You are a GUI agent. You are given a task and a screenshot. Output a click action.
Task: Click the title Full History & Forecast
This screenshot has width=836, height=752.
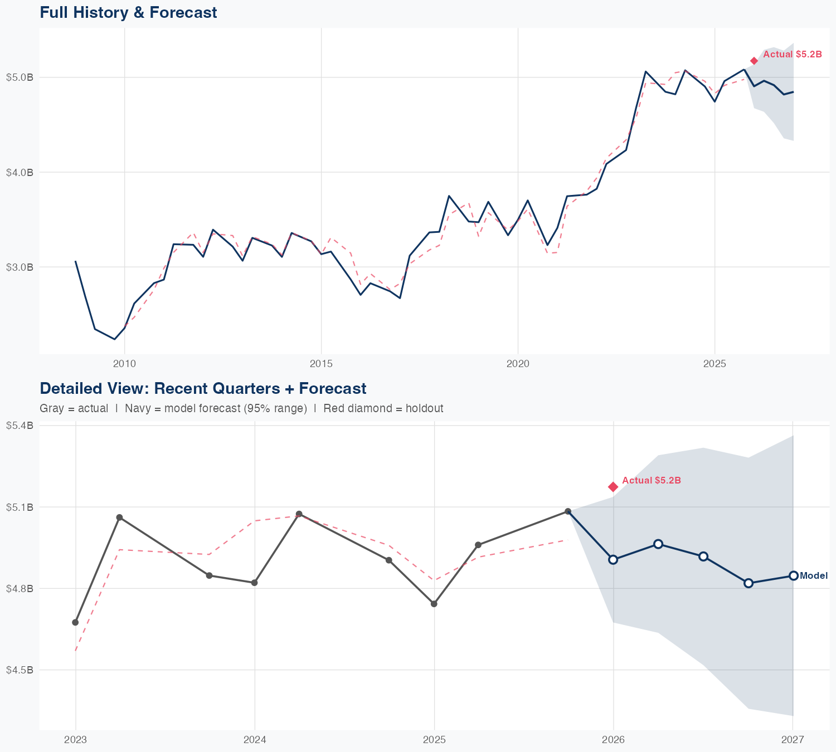[128, 12]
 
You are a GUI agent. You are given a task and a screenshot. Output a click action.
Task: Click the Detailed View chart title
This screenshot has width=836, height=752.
[203, 388]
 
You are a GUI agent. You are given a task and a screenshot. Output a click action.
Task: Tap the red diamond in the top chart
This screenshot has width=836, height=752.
[754, 61]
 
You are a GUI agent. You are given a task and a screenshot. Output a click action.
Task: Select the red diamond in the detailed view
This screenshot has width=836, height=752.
[613, 487]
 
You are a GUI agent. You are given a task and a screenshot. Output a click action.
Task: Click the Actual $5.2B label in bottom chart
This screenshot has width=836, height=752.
[651, 480]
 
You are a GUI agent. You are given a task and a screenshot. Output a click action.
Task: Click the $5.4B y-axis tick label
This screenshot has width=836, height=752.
[20, 426]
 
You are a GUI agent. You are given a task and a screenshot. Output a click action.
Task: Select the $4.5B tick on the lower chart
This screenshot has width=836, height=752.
[20, 670]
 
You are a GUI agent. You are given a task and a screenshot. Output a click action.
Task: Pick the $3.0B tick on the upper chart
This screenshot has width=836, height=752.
[20, 267]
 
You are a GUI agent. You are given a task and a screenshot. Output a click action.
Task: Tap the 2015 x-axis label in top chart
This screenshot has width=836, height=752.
[321, 364]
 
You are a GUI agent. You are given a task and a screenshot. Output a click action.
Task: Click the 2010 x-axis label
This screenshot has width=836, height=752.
[124, 364]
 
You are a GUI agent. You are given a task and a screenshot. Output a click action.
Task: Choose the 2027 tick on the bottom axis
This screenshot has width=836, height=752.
[793, 740]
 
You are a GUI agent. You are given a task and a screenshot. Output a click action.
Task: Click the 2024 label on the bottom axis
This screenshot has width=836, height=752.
[255, 740]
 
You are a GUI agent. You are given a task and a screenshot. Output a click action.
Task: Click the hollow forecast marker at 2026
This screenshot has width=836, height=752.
[613, 559]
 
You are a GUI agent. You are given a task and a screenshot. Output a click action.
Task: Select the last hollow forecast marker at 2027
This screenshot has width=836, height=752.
[793, 575]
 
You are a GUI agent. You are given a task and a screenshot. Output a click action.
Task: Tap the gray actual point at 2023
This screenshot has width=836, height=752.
[75, 622]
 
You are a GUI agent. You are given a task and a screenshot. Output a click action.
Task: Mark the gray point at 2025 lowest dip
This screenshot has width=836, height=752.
[434, 604]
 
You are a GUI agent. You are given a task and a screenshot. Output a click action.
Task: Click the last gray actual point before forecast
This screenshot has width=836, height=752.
[568, 511]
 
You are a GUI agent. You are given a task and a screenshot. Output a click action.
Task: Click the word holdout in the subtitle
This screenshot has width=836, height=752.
[424, 408]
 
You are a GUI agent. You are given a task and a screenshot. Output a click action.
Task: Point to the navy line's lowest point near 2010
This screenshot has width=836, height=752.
[115, 339]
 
